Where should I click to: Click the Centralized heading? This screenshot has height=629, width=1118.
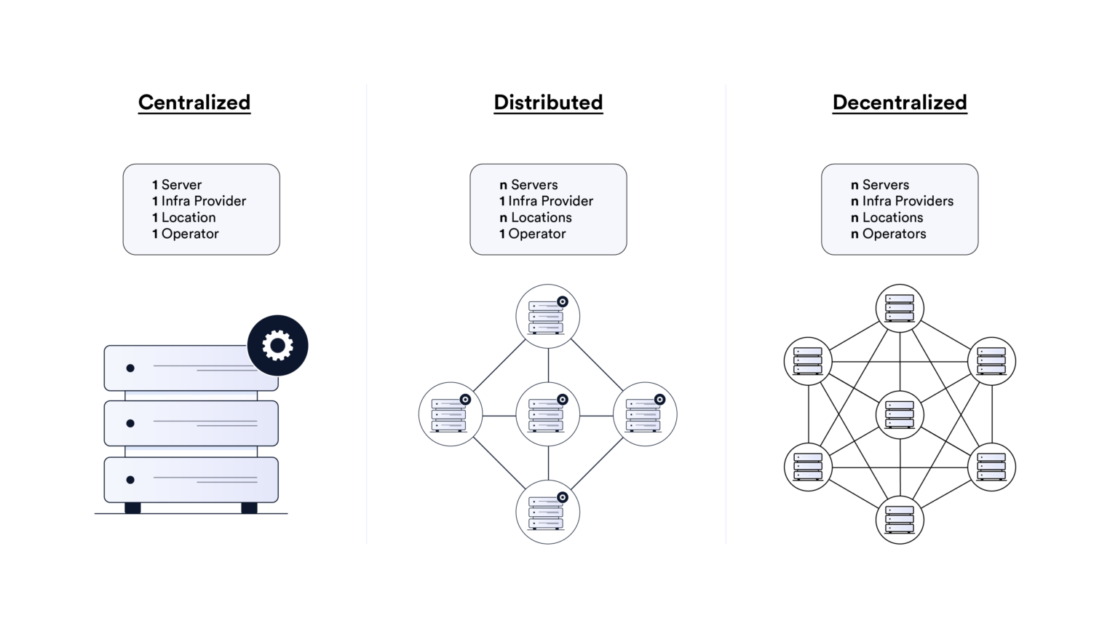[194, 103]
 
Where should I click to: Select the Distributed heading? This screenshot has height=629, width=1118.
[548, 103]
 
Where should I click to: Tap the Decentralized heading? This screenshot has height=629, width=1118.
[900, 103]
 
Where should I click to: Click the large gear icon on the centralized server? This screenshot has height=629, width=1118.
[277, 345]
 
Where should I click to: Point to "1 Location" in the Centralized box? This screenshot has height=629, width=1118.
[184, 218]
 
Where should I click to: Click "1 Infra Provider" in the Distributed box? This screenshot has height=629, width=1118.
[546, 201]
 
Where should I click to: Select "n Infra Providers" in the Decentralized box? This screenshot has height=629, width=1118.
[902, 201]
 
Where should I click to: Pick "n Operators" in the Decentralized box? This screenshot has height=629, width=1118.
[888, 234]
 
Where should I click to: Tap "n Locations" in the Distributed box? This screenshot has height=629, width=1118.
[535, 218]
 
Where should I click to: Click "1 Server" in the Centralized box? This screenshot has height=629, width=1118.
[177, 185]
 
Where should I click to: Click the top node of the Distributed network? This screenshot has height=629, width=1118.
[547, 317]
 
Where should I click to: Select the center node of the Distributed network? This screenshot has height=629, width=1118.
[547, 414]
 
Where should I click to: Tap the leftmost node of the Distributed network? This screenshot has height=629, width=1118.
[451, 414]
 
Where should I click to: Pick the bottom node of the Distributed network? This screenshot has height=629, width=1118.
[547, 512]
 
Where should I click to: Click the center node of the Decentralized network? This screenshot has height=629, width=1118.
[900, 414]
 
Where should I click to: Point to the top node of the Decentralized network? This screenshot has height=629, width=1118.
[900, 308]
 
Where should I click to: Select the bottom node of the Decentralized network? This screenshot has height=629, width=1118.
[900, 520]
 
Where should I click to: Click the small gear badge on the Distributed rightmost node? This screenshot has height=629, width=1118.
[659, 399]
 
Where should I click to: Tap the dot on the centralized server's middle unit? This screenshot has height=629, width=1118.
[130, 424]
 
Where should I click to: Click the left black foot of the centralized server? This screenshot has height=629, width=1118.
[132, 508]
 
